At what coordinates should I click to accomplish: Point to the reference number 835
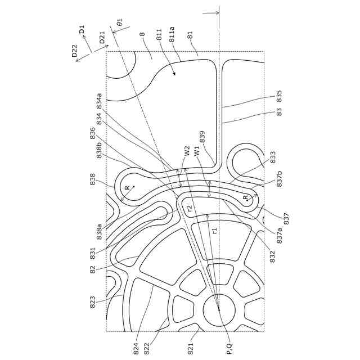point(279,96)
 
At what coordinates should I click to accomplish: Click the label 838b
point(99,151)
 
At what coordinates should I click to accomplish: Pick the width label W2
point(187,151)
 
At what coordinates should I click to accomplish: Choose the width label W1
point(197,151)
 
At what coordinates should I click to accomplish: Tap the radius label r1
point(214,230)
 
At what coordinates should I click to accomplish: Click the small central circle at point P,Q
point(219,309)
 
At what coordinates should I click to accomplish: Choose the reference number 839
point(202,137)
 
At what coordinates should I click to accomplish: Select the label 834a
point(99,101)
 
